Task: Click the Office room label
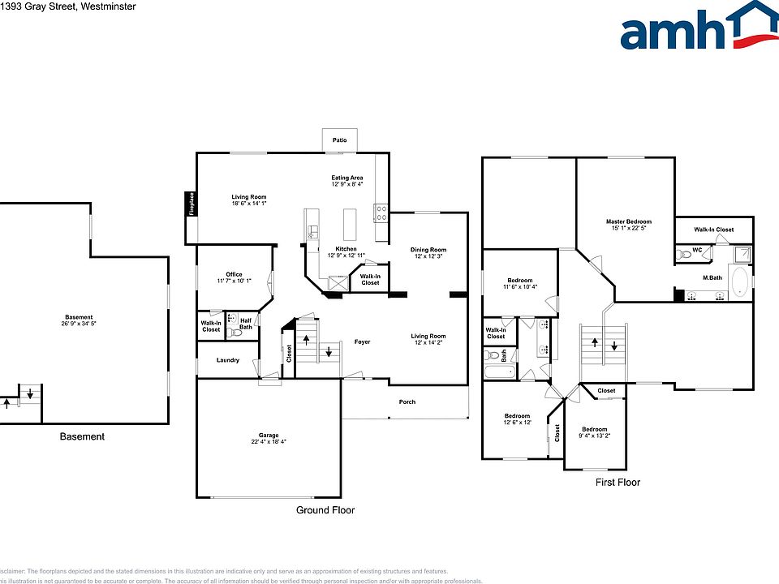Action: pos(235,274)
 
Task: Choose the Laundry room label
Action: pos(228,360)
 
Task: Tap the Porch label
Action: pos(407,402)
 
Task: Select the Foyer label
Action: pos(362,342)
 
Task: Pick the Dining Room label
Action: pos(428,250)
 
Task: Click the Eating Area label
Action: pos(346,178)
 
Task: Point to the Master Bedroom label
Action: pos(628,221)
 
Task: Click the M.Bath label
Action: pos(712,278)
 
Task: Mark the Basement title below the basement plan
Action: pos(82,436)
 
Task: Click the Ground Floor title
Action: pos(325,510)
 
